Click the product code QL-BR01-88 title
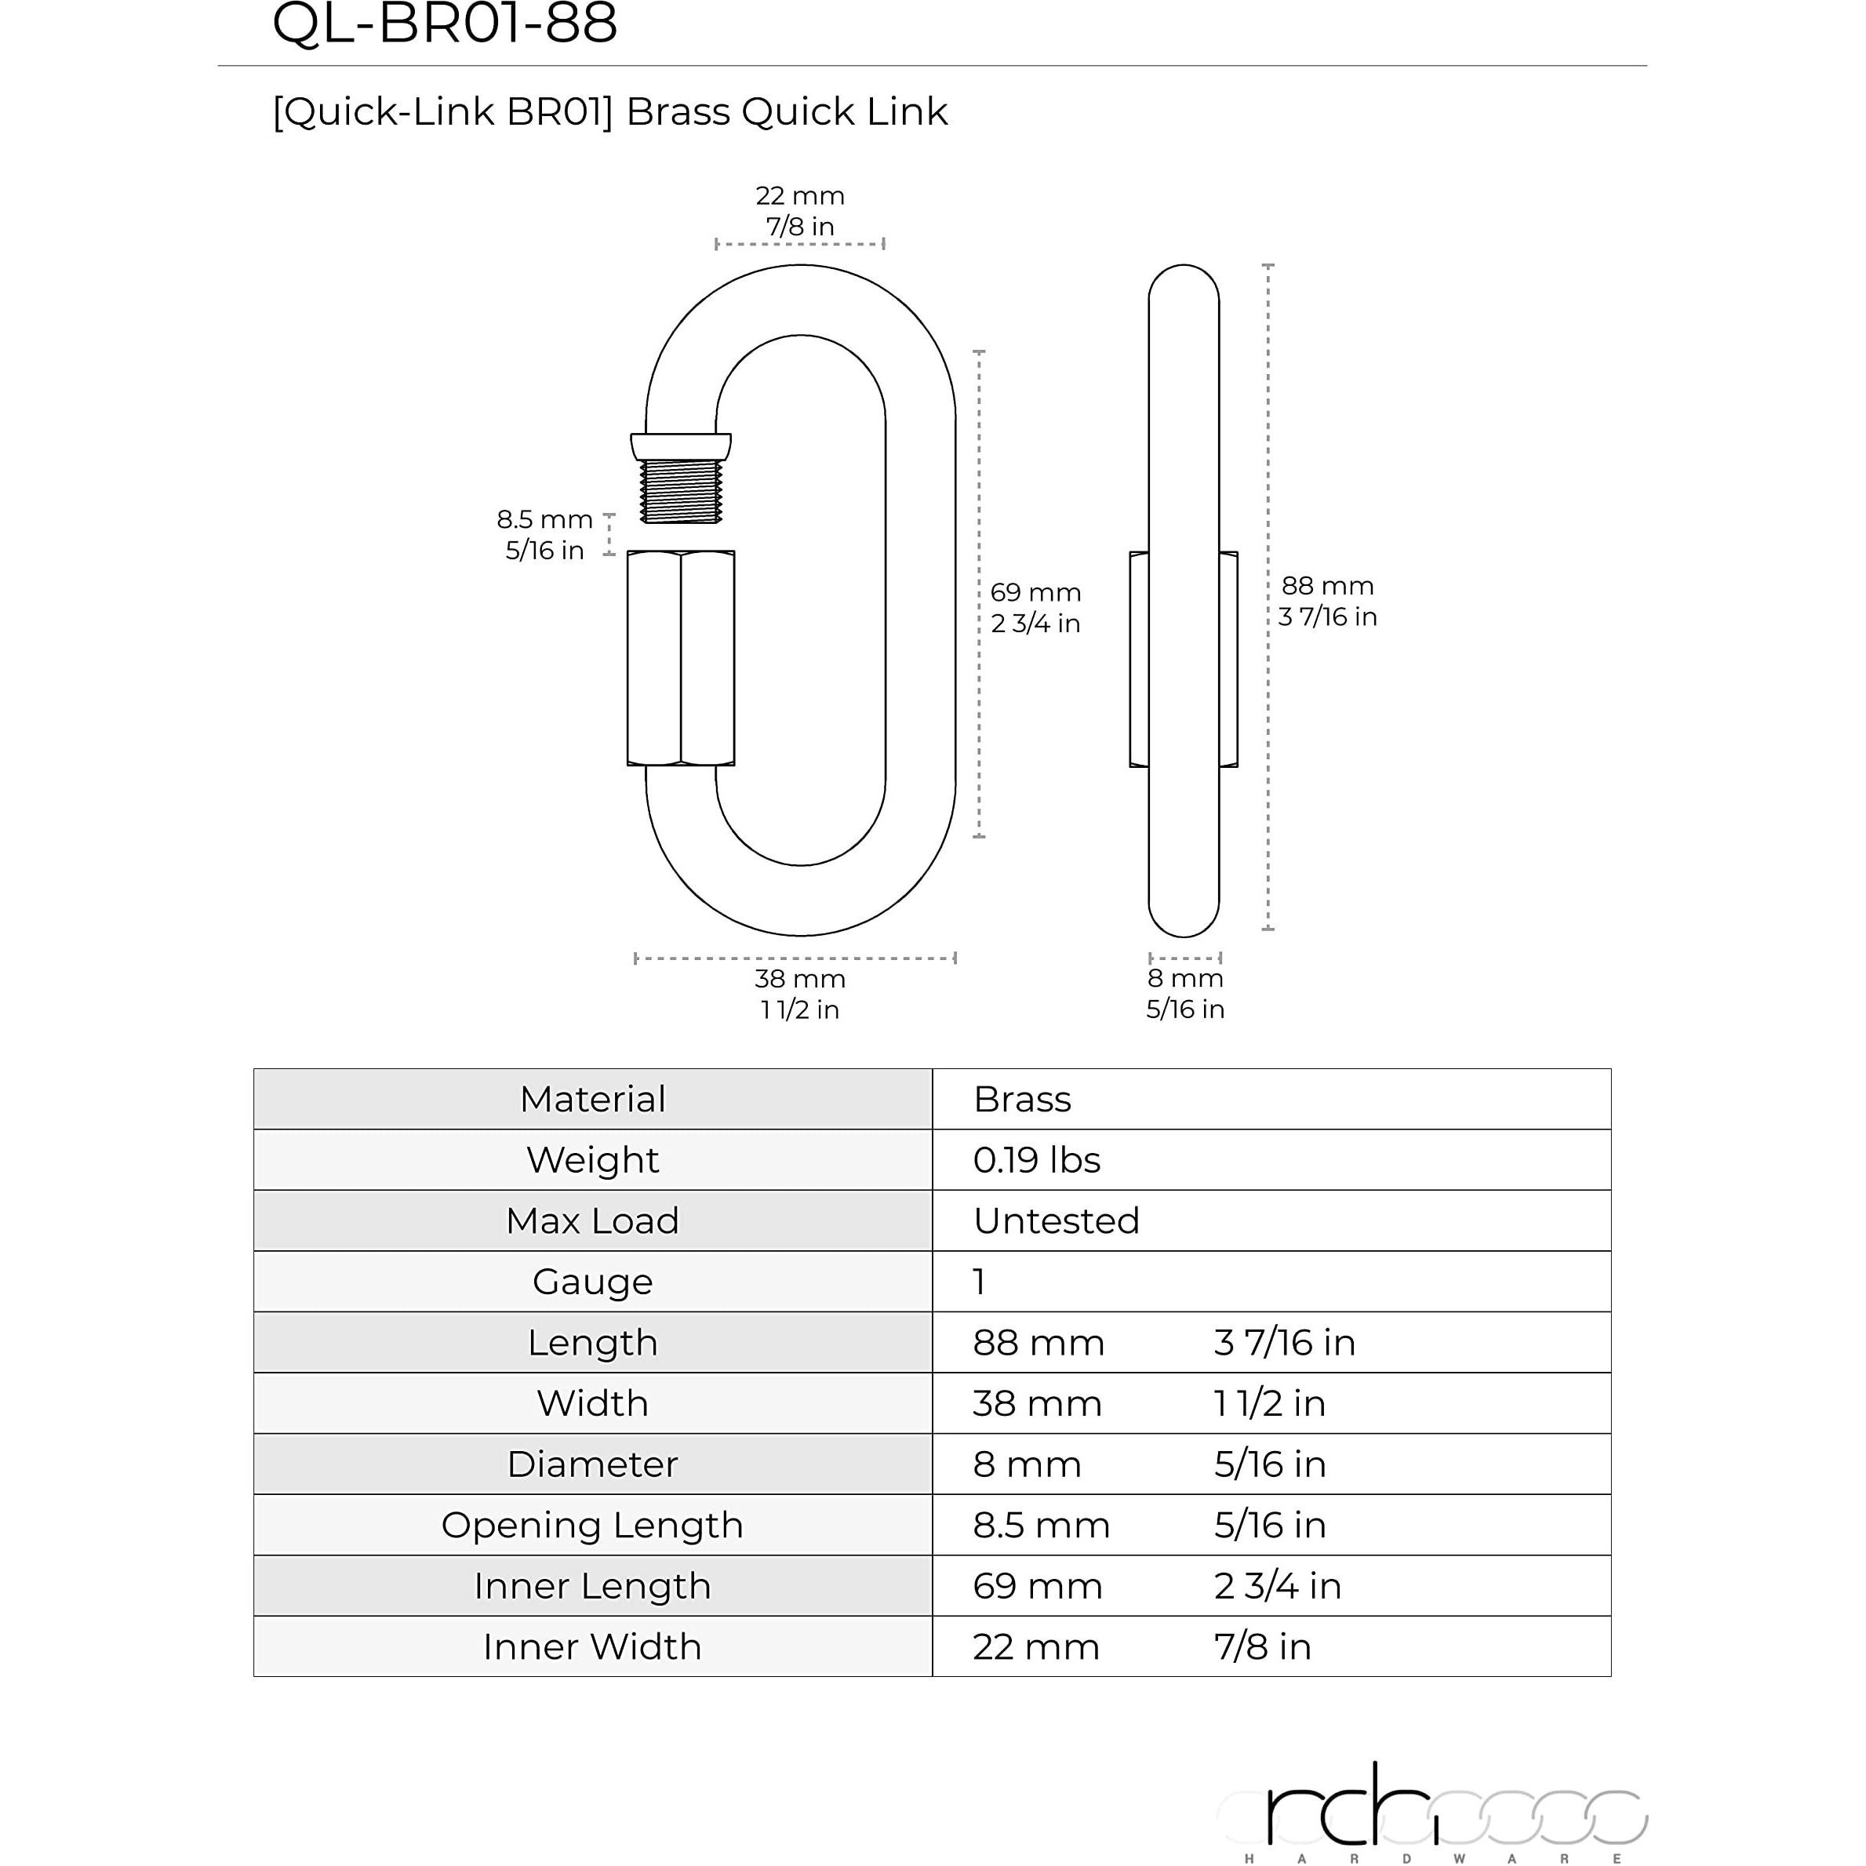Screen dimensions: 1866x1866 (x=444, y=24)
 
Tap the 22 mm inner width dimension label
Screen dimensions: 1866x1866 (x=800, y=210)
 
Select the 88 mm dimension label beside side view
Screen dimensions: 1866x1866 (x=1327, y=601)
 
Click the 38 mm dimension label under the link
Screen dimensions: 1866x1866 (x=800, y=994)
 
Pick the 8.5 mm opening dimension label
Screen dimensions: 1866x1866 (x=544, y=534)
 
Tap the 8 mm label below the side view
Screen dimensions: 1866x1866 (x=1185, y=993)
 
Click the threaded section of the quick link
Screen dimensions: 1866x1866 (x=681, y=492)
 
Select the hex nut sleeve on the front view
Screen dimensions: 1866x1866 (x=681, y=658)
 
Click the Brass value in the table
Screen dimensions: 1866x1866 (x=1022, y=1099)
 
